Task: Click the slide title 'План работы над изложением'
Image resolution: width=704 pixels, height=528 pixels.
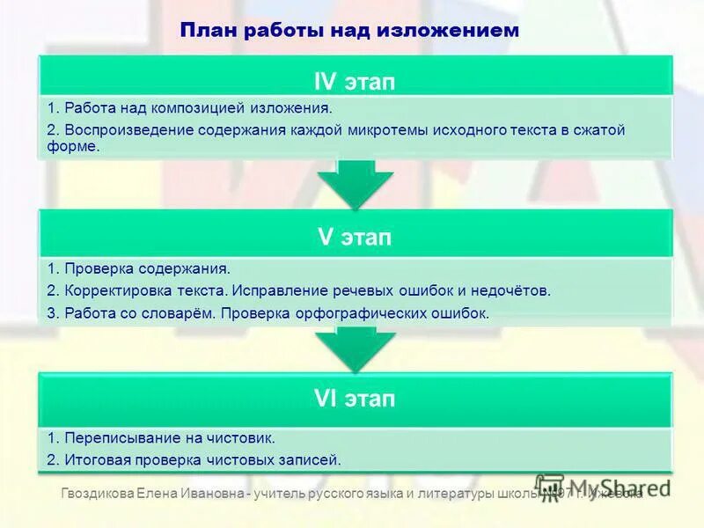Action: pyautogui.click(x=349, y=30)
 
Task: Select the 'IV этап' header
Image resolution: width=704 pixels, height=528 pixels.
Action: pyautogui.click(x=355, y=82)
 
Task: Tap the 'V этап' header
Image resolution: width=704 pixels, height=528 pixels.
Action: pyautogui.click(x=355, y=238)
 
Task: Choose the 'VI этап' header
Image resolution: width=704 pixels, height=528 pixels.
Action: pyautogui.click(x=355, y=399)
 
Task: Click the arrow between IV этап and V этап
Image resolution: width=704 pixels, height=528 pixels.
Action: pyautogui.click(x=355, y=183)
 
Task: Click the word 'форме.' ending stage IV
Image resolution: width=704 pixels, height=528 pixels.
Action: pyautogui.click(x=75, y=147)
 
